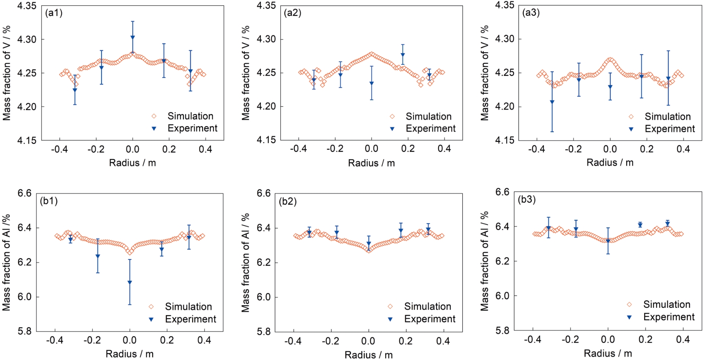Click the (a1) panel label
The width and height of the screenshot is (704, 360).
click(54, 13)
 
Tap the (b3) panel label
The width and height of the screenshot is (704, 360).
click(527, 200)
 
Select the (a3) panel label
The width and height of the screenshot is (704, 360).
click(531, 13)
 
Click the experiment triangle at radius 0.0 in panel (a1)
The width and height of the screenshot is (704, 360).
click(133, 37)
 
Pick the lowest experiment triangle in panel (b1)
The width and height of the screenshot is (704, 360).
click(130, 282)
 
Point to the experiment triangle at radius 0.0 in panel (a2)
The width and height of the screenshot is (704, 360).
click(372, 83)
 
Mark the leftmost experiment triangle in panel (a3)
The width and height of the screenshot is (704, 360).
click(552, 102)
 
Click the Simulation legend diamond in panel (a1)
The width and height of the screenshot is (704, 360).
click(154, 116)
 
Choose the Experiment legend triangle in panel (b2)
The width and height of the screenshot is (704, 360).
click(390, 319)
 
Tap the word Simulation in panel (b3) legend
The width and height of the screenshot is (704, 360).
click(667, 304)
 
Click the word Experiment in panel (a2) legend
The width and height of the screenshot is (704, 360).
click(431, 129)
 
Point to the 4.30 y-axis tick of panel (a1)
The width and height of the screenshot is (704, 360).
click(27, 40)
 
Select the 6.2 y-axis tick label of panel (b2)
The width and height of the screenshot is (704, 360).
click(264, 262)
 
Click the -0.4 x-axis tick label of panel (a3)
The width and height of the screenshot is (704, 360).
click(537, 149)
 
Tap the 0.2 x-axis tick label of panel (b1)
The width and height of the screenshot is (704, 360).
click(167, 340)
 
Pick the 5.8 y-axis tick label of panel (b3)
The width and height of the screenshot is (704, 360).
click(503, 331)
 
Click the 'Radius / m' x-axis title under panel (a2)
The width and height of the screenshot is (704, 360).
click(371, 163)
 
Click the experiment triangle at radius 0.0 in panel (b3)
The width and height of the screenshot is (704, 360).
click(608, 241)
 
